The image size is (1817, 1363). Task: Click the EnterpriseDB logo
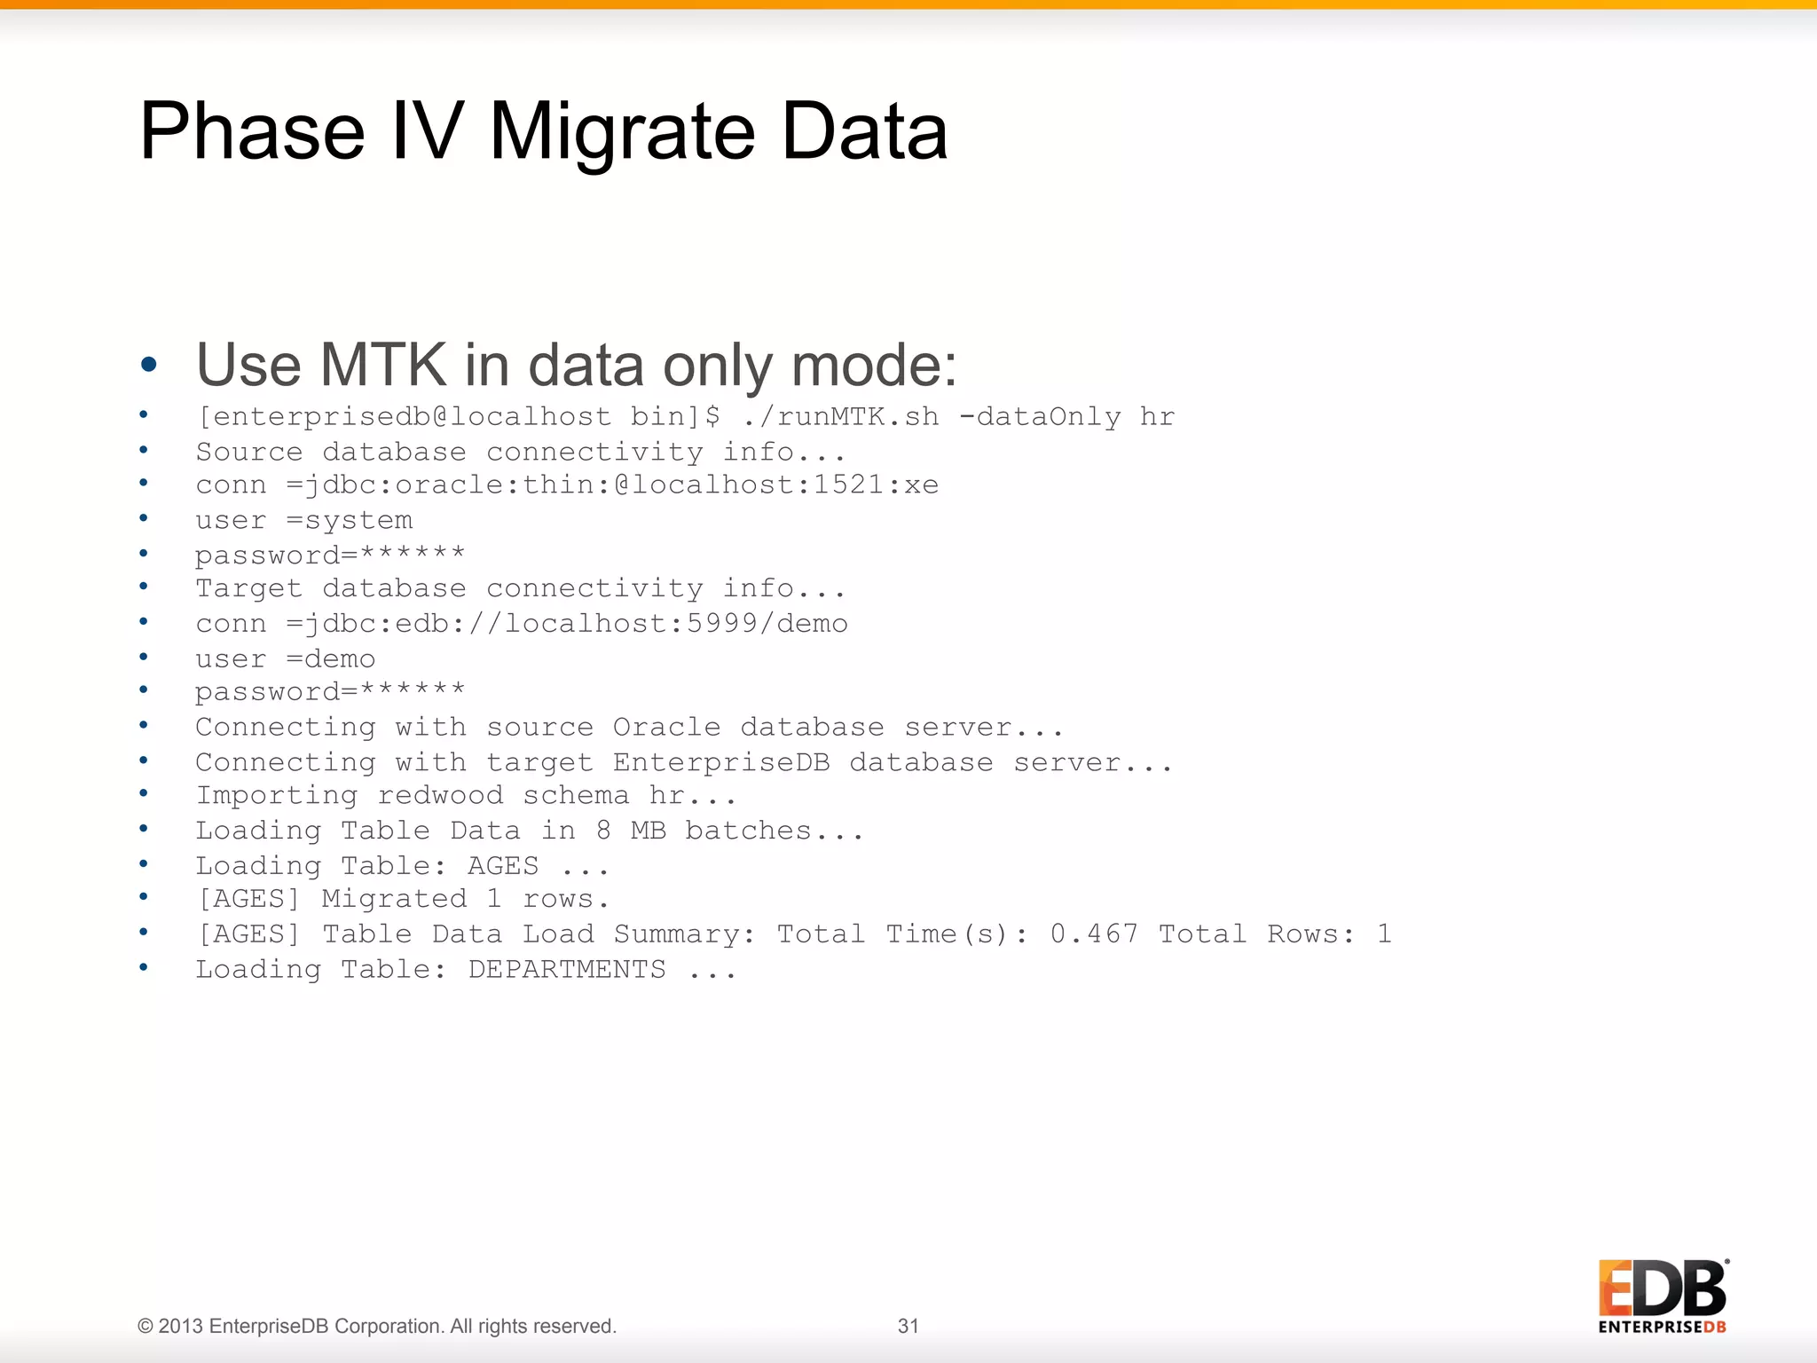click(x=1663, y=1296)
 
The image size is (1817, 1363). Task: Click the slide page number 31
click(x=908, y=1326)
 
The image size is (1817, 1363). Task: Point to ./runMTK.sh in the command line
click(x=840, y=416)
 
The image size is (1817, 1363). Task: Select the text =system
click(x=350, y=520)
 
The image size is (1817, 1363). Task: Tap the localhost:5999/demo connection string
click(x=676, y=624)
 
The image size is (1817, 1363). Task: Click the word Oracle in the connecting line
click(x=666, y=727)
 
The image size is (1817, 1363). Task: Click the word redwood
click(x=440, y=795)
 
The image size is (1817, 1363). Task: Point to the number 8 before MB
click(x=603, y=831)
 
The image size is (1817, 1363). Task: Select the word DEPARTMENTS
click(x=566, y=969)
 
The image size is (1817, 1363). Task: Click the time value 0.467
click(x=1093, y=934)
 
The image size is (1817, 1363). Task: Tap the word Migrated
click(x=394, y=899)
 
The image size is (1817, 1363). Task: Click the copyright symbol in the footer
click(x=146, y=1326)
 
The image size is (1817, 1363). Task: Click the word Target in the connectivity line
click(x=248, y=588)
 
